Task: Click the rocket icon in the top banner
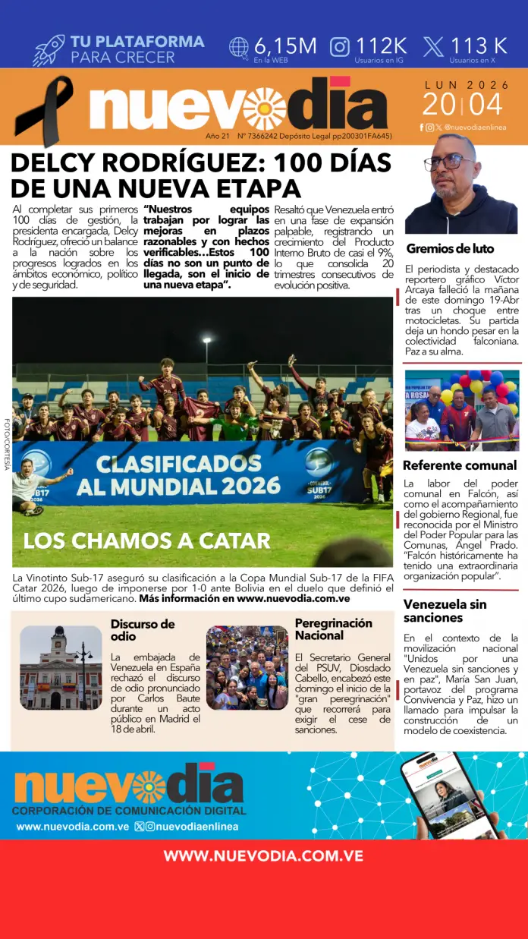(x=49, y=50)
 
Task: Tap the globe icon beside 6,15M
(x=239, y=47)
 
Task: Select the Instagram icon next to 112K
(x=341, y=47)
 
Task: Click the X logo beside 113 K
(x=434, y=47)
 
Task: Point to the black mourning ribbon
(x=52, y=107)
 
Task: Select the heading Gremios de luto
(x=450, y=248)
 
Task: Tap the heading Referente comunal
(x=460, y=465)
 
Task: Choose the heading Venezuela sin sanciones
(x=445, y=611)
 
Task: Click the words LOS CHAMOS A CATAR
(x=146, y=540)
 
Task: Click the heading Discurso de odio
(x=143, y=629)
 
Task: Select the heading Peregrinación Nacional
(x=334, y=629)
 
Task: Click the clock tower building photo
(x=61, y=667)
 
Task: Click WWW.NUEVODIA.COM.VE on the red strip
(x=263, y=856)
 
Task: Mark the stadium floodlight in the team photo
(x=206, y=341)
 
